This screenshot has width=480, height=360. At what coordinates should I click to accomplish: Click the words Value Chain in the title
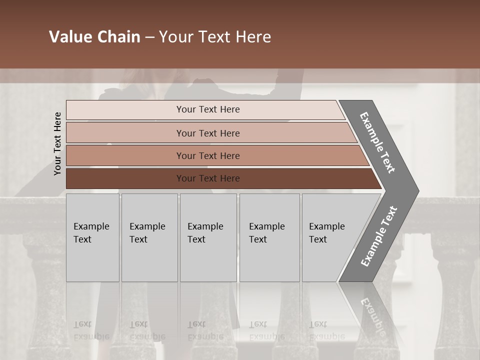coord(94,37)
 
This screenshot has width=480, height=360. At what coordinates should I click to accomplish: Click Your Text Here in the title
coord(215,37)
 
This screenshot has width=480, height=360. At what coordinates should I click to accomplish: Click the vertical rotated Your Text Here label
coord(57,143)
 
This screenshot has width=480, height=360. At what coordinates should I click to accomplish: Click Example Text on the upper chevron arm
coord(377,142)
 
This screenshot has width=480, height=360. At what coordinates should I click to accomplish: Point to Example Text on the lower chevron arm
coord(379,236)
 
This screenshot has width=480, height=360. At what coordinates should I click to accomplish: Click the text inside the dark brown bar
coord(208,178)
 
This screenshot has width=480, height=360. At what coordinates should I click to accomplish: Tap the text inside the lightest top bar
coord(208,109)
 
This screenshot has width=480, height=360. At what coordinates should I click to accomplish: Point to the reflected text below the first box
coord(91,330)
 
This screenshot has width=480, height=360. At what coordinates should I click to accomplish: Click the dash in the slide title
coord(149,37)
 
